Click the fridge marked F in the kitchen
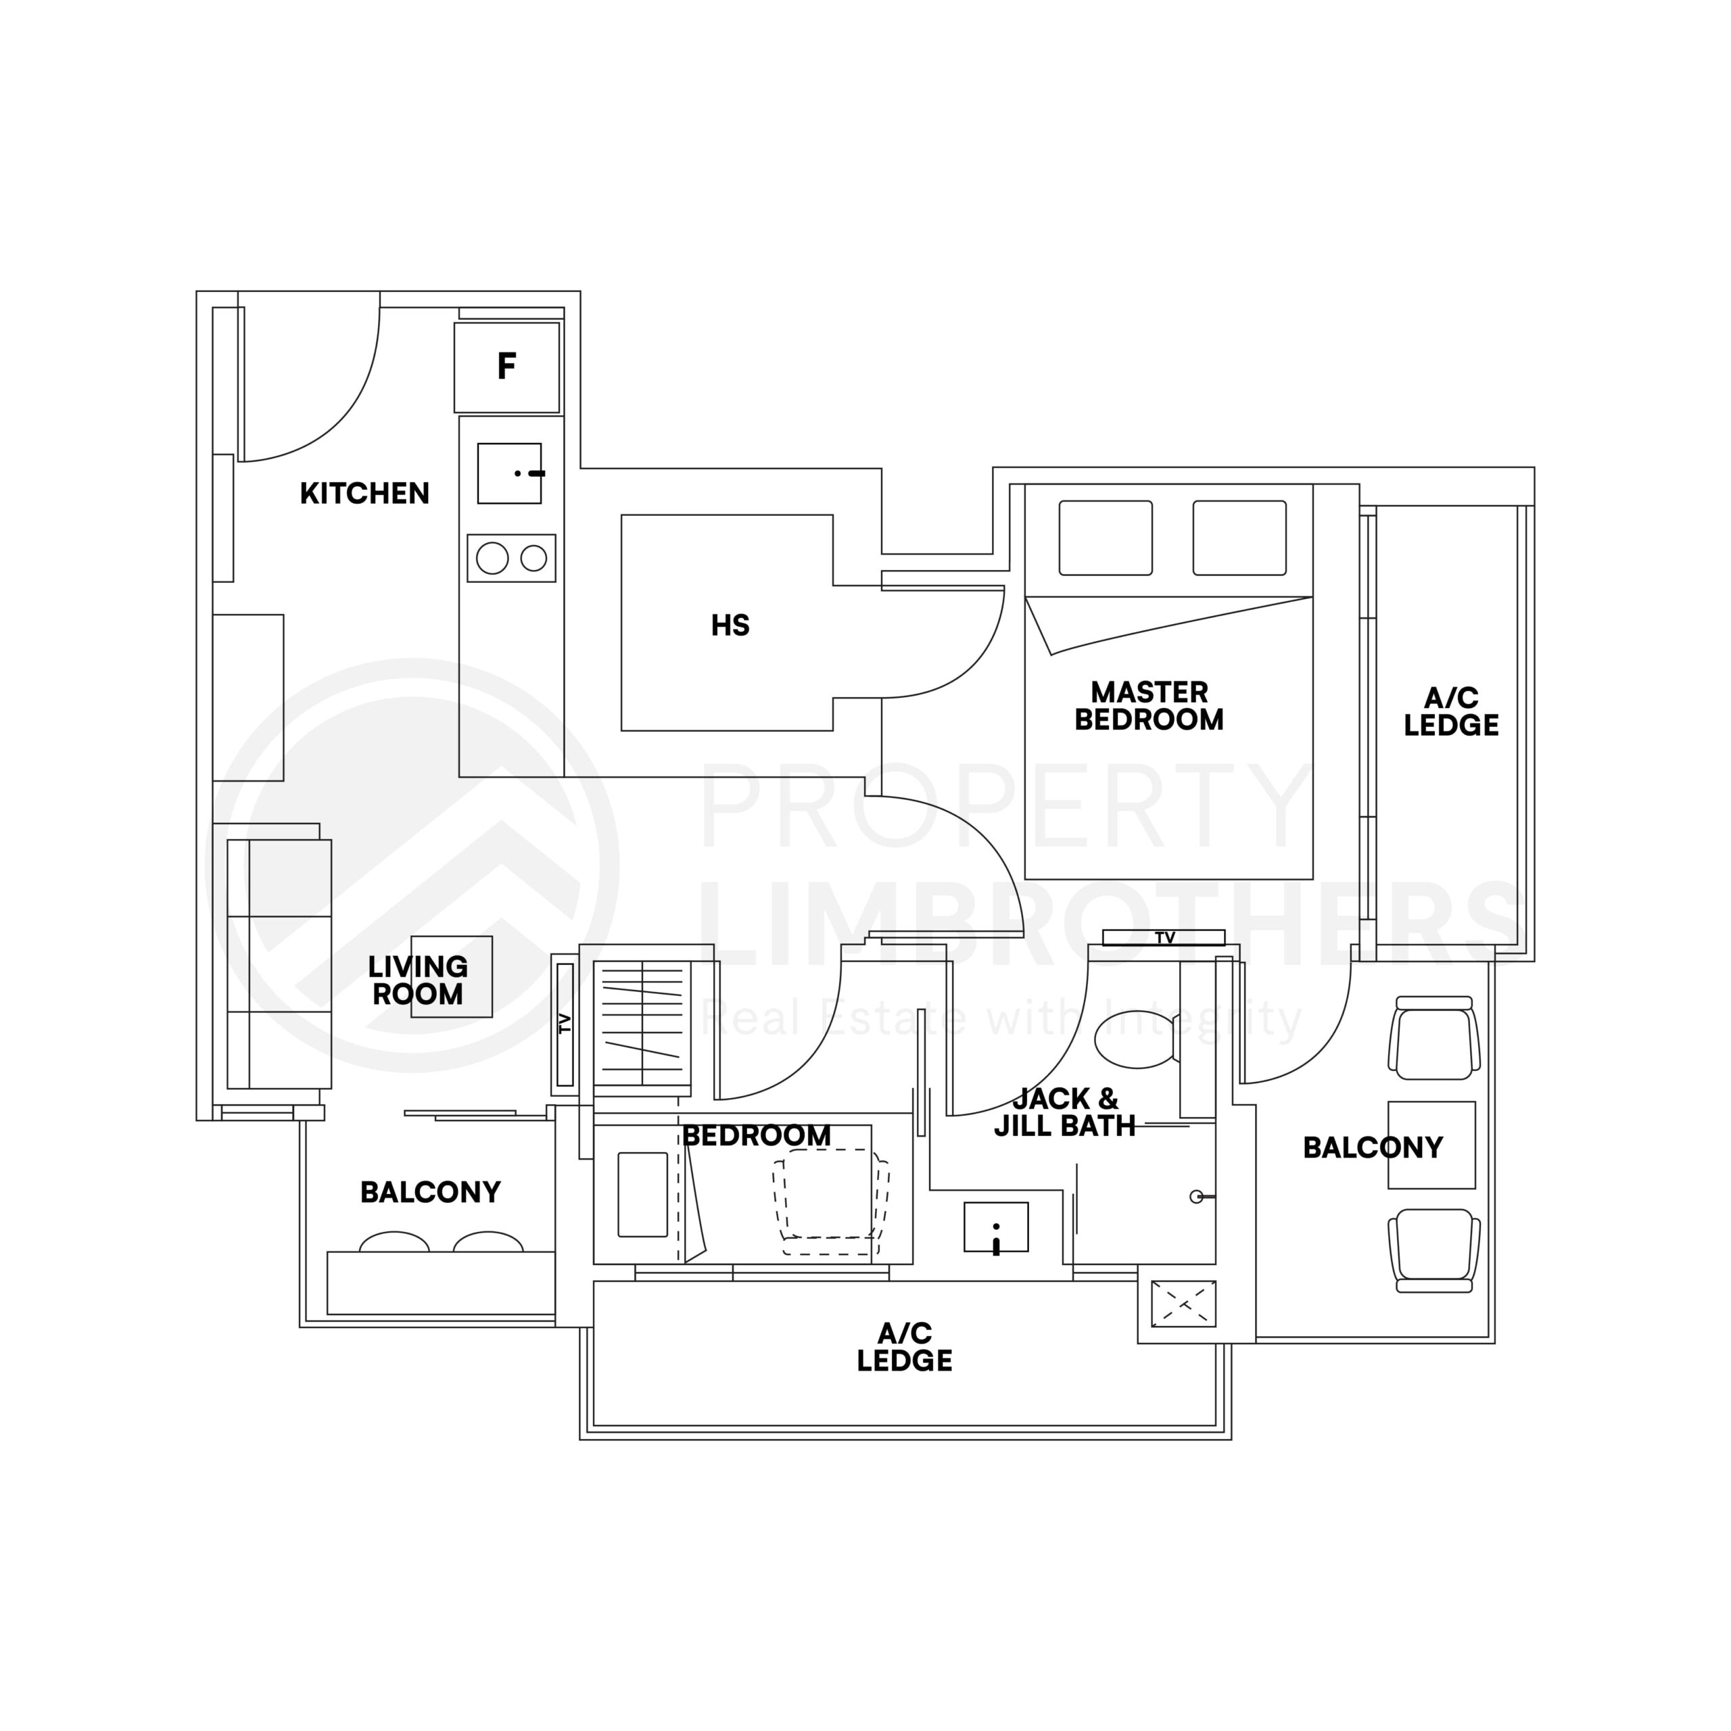pyautogui.click(x=507, y=367)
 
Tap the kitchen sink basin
pyautogui.click(x=509, y=473)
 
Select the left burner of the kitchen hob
pyautogui.click(x=492, y=559)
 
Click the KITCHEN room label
pyautogui.click(x=364, y=494)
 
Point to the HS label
pyautogui.click(x=730, y=625)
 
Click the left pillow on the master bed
pyautogui.click(x=1106, y=538)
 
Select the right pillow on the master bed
pyautogui.click(x=1239, y=538)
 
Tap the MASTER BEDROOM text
pyautogui.click(x=1149, y=706)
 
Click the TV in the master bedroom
pyautogui.click(x=1164, y=937)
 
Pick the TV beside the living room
pyautogui.click(x=565, y=1024)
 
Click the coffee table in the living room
pyautogui.click(x=452, y=976)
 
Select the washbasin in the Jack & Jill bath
pyautogui.click(x=995, y=1227)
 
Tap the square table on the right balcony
pyautogui.click(x=1431, y=1145)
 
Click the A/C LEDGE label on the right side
pyautogui.click(x=1450, y=712)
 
